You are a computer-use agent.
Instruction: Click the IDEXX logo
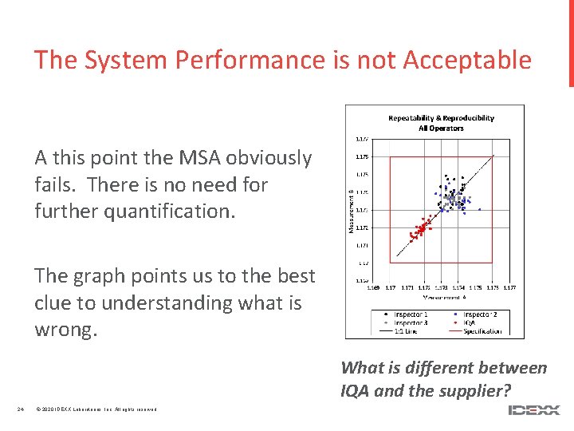pyautogui.click(x=534, y=410)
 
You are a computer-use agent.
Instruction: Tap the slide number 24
pyautogui.click(x=22, y=410)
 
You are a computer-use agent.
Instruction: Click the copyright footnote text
pyautogui.click(x=96, y=410)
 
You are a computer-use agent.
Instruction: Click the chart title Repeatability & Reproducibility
pyautogui.click(x=441, y=118)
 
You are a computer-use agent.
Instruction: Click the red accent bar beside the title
pyautogui.click(x=571, y=43)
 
